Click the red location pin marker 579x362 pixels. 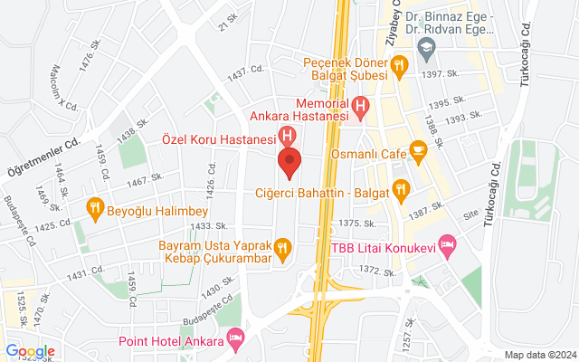[289, 165]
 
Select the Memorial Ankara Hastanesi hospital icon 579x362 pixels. [360, 107]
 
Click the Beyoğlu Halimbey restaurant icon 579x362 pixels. [94, 208]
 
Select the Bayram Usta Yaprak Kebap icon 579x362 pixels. [282, 246]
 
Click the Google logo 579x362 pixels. [30, 351]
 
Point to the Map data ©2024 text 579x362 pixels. [540, 355]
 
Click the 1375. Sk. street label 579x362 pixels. [356, 224]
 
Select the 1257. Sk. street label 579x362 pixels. [408, 337]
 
